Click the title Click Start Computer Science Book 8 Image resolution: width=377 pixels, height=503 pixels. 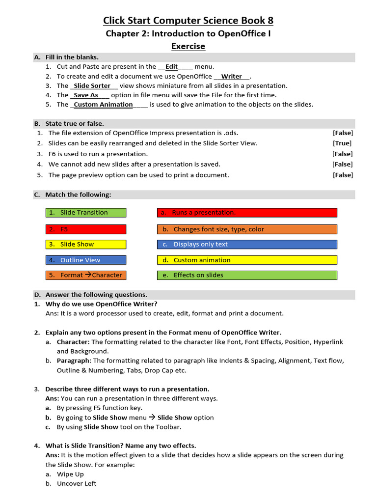188,20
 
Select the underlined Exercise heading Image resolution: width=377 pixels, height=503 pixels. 188,46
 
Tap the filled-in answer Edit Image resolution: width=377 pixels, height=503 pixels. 172,67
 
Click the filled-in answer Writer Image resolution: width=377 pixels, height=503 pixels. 232,76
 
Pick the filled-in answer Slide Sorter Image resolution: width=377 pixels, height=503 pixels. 92,85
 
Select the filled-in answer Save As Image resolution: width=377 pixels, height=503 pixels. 86,95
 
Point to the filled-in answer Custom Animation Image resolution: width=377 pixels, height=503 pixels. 103,104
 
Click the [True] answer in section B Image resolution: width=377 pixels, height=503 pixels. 342,143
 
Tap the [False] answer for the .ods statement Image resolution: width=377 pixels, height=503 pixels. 342,133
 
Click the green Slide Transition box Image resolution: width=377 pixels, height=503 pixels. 86,213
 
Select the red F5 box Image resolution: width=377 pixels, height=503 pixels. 86,229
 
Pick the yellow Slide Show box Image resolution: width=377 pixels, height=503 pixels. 86,244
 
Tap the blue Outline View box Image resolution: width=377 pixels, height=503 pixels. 86,260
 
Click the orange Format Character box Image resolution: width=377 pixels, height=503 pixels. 86,275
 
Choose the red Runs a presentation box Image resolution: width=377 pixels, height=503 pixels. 247,213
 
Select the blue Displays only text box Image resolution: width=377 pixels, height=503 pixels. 247,244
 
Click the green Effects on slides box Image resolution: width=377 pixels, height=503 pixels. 247,275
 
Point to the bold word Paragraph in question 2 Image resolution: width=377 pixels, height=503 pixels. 73,361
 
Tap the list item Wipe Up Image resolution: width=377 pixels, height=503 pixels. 70,474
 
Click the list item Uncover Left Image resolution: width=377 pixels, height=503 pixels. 77,483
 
